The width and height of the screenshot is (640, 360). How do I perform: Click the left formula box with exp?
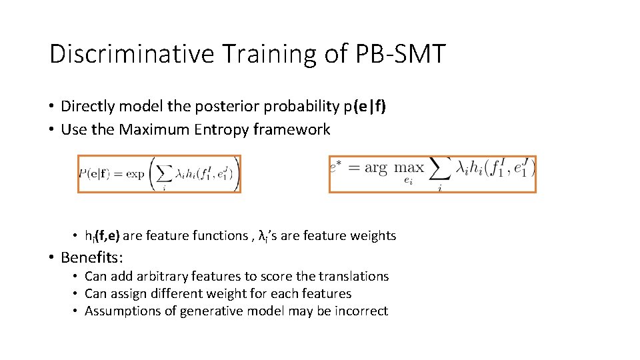coord(159,174)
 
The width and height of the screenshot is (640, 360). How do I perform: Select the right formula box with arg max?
coord(432,174)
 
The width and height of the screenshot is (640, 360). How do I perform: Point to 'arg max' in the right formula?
coord(394,167)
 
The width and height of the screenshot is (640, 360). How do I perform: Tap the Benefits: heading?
coord(93,257)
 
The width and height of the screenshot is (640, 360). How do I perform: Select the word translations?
coord(354,276)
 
